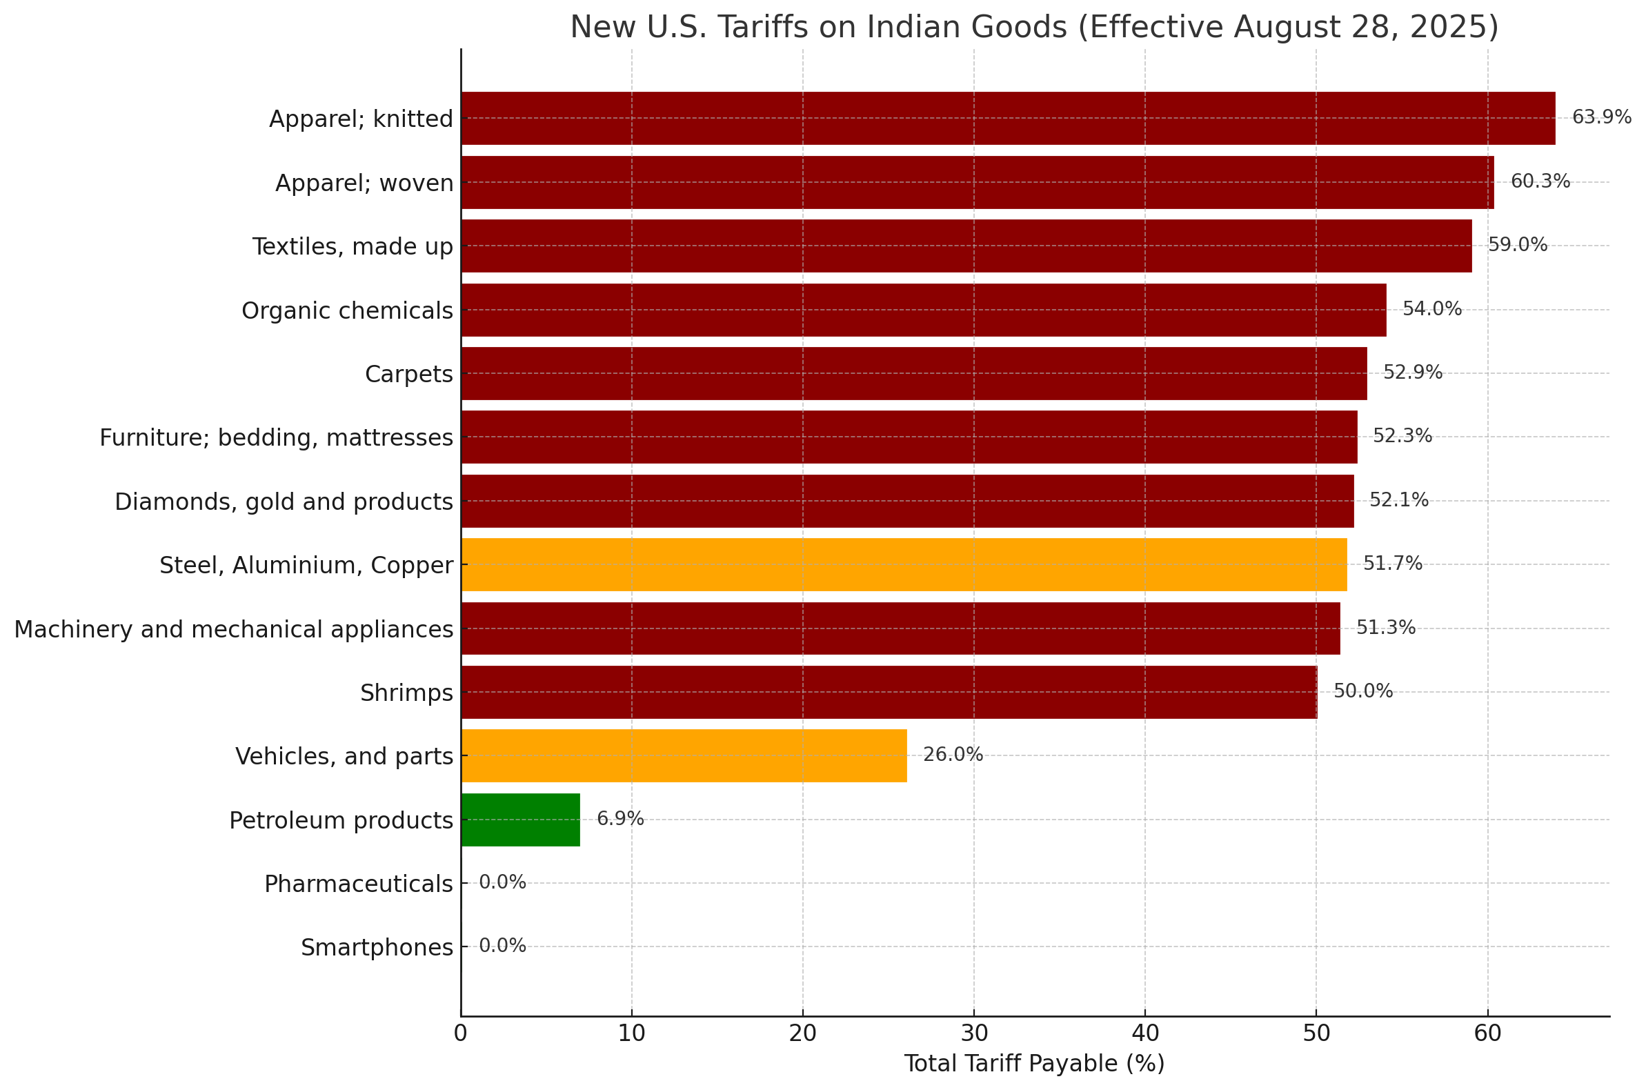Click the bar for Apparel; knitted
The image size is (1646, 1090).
coord(1008,118)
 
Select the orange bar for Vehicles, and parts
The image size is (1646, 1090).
coord(684,755)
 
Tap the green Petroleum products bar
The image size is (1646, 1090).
coord(521,820)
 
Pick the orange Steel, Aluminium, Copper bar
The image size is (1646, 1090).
coord(904,564)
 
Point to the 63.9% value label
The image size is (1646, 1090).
coord(1602,117)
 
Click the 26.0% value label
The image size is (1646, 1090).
coord(952,755)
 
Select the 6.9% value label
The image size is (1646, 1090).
coord(620,819)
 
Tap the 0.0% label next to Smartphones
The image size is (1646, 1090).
coord(502,946)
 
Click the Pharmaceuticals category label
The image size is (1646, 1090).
coord(359,884)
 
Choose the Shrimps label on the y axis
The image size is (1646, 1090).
coord(406,693)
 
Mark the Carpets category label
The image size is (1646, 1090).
coord(408,375)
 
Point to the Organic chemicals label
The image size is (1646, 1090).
coord(347,310)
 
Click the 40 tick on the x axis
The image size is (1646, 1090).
coord(1145,1033)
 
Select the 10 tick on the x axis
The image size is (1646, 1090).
coord(631,1033)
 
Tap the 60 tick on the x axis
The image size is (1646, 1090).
coord(1487,1033)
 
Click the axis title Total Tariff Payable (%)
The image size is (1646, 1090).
coord(1033,1064)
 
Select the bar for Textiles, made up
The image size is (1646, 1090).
coord(966,246)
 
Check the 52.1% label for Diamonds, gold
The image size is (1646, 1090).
coord(1398,500)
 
